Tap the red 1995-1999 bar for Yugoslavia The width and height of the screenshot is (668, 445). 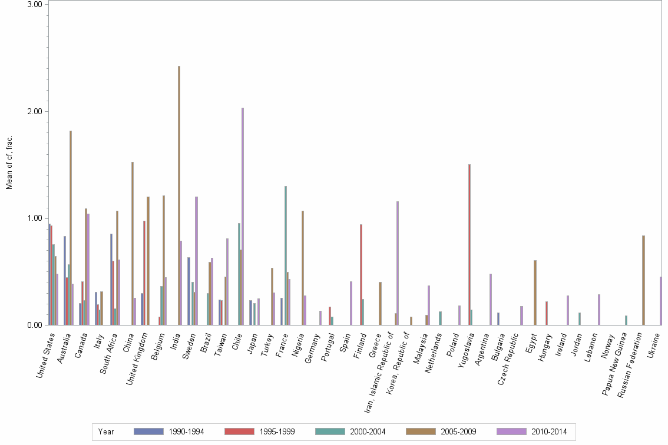coord(469,245)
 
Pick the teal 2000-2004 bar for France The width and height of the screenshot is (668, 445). coord(286,255)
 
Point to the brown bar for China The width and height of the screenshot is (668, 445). coord(133,244)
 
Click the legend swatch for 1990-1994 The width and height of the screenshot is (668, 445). coord(148,431)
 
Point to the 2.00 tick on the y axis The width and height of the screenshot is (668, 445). coord(38,111)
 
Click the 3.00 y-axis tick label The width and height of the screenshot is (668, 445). coord(38,4)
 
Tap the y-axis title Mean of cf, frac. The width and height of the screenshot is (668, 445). coord(9,163)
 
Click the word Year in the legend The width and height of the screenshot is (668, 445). coord(107,432)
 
